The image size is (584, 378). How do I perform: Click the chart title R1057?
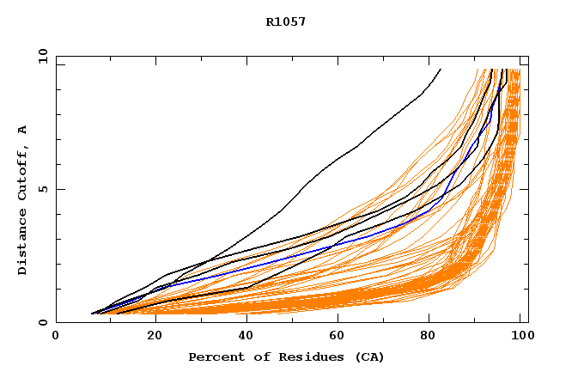pos(286,21)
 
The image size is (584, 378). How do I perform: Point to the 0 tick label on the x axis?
pos(56,338)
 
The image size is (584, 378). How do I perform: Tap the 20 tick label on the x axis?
pos(149,338)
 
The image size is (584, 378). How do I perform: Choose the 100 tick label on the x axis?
pos(521,338)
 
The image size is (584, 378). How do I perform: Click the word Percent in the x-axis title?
pos(214,357)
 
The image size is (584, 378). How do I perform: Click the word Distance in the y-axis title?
pos(22,245)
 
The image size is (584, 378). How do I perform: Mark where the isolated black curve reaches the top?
pos(441,69)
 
